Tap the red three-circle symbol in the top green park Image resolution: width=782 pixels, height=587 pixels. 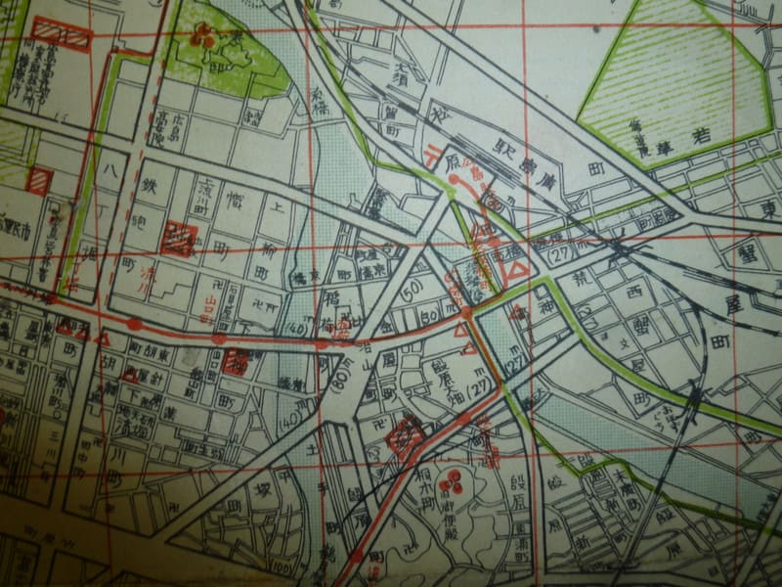pos(203,37)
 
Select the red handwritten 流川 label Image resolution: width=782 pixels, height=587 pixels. pos(152,274)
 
